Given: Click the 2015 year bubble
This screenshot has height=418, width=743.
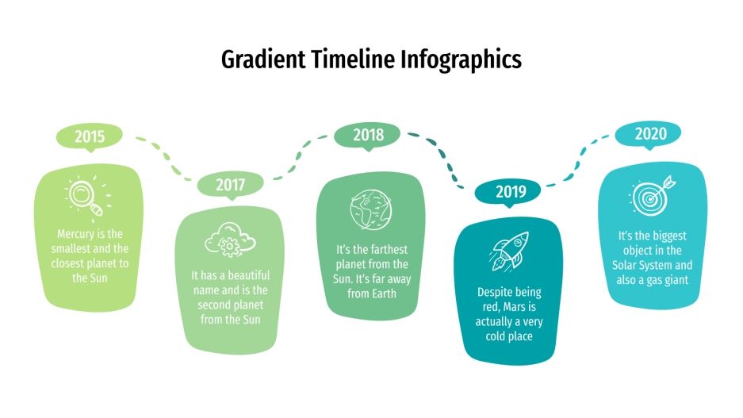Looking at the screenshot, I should coord(90,136).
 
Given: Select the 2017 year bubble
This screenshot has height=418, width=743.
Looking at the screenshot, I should coord(230,185).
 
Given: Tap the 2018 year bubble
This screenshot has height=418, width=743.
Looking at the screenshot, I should coord(368,136).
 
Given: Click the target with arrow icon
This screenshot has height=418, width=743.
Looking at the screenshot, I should coord(653,193).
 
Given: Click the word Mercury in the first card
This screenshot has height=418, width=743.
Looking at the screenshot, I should coord(79,235).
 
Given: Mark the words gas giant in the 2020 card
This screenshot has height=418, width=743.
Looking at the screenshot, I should coord(671,280).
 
